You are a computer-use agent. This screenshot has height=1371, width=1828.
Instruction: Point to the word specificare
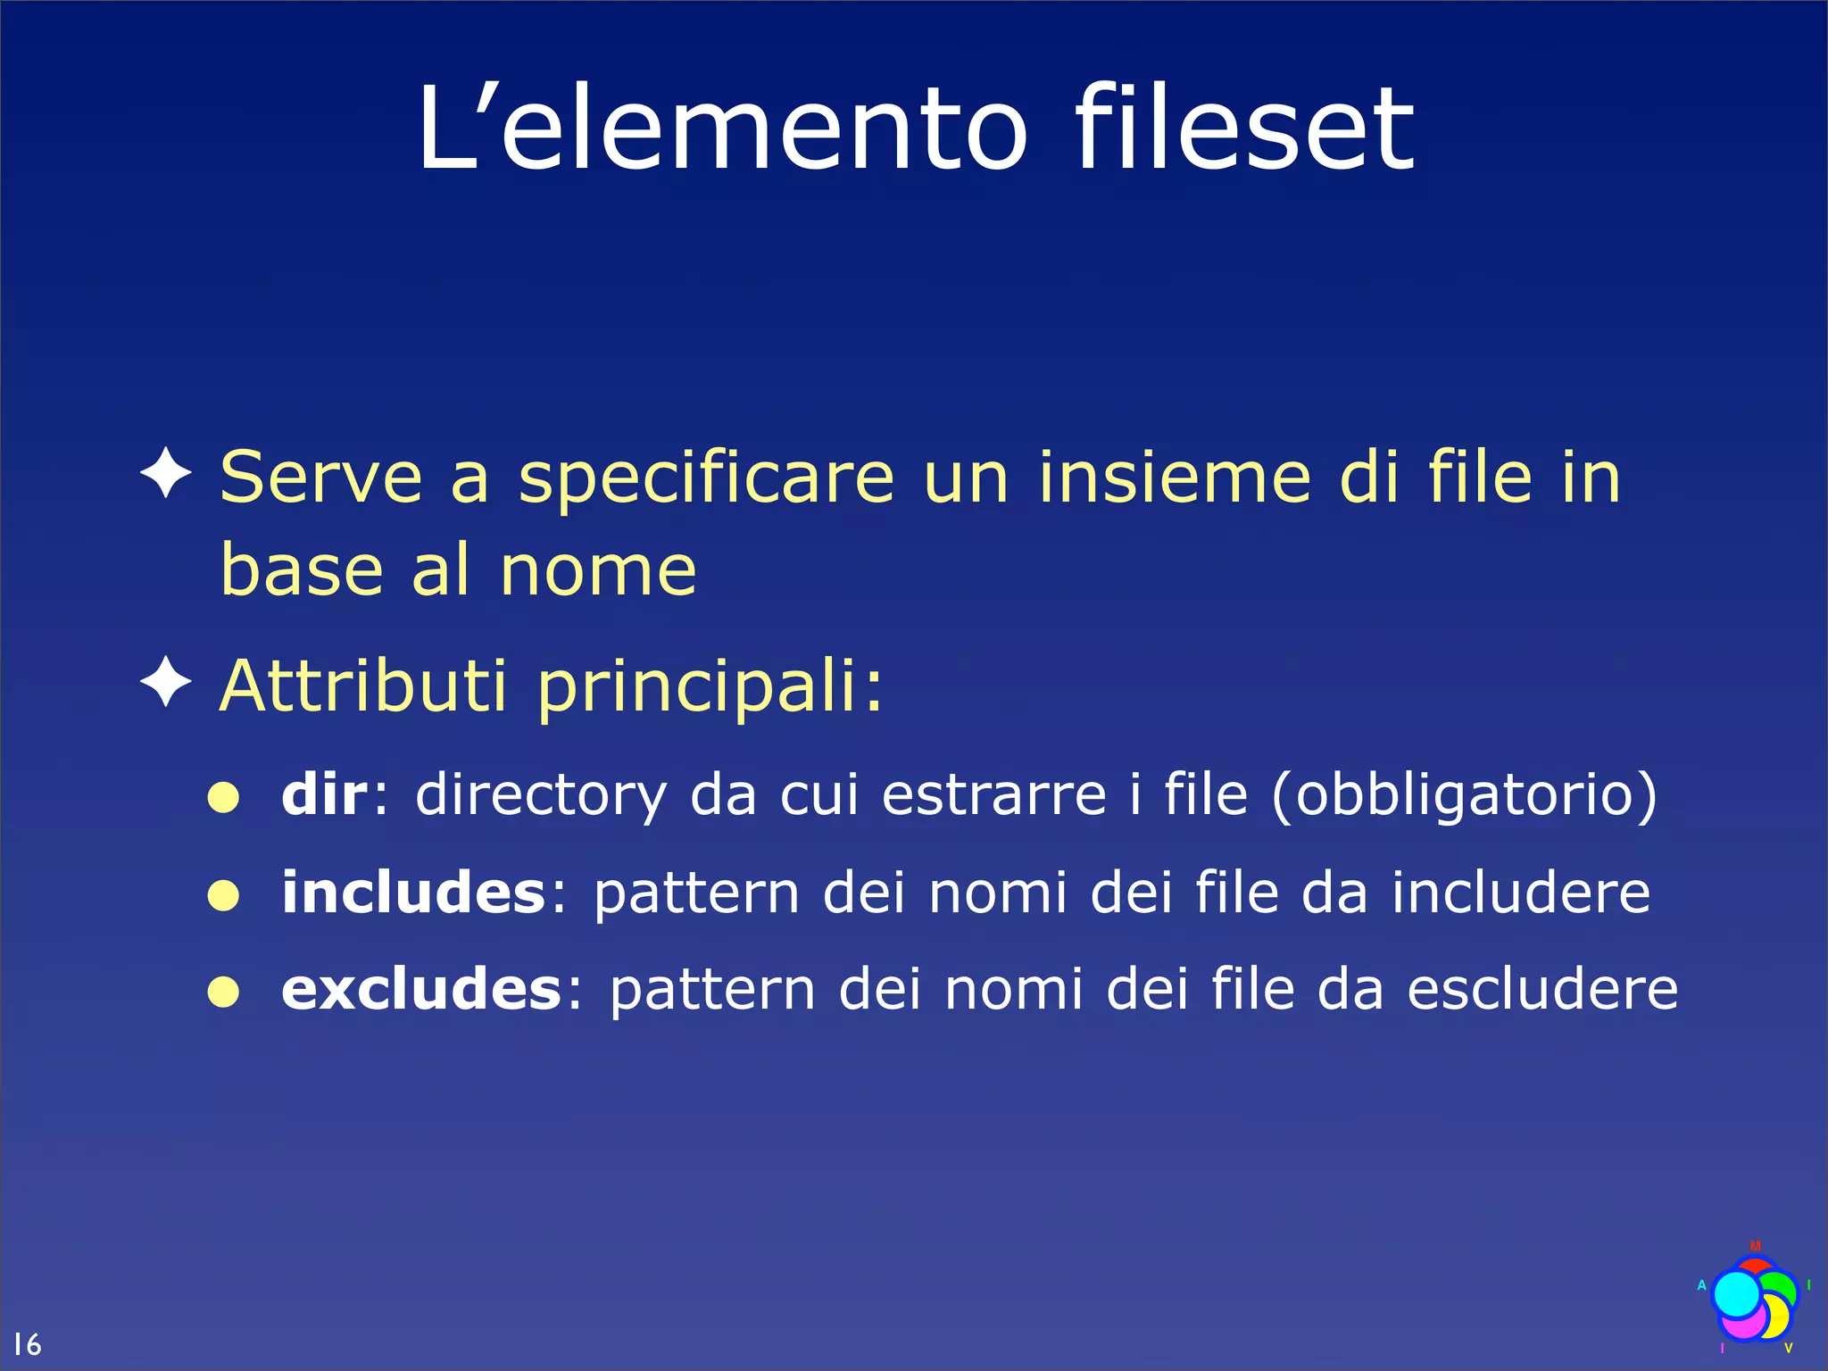coord(706,480)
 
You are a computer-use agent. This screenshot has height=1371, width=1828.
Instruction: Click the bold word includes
coord(413,892)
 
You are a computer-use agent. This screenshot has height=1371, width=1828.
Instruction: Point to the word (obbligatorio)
coord(1464,795)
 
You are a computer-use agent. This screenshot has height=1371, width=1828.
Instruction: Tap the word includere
coord(1521,892)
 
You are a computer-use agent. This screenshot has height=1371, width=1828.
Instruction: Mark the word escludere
coord(1543,989)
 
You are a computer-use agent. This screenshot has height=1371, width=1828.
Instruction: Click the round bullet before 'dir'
coord(223,797)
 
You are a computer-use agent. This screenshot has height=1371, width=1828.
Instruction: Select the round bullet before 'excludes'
coord(223,991)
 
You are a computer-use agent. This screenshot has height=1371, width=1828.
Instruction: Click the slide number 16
coord(27,1343)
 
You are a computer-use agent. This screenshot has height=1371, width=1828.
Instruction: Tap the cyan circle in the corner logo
coord(1737,1294)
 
